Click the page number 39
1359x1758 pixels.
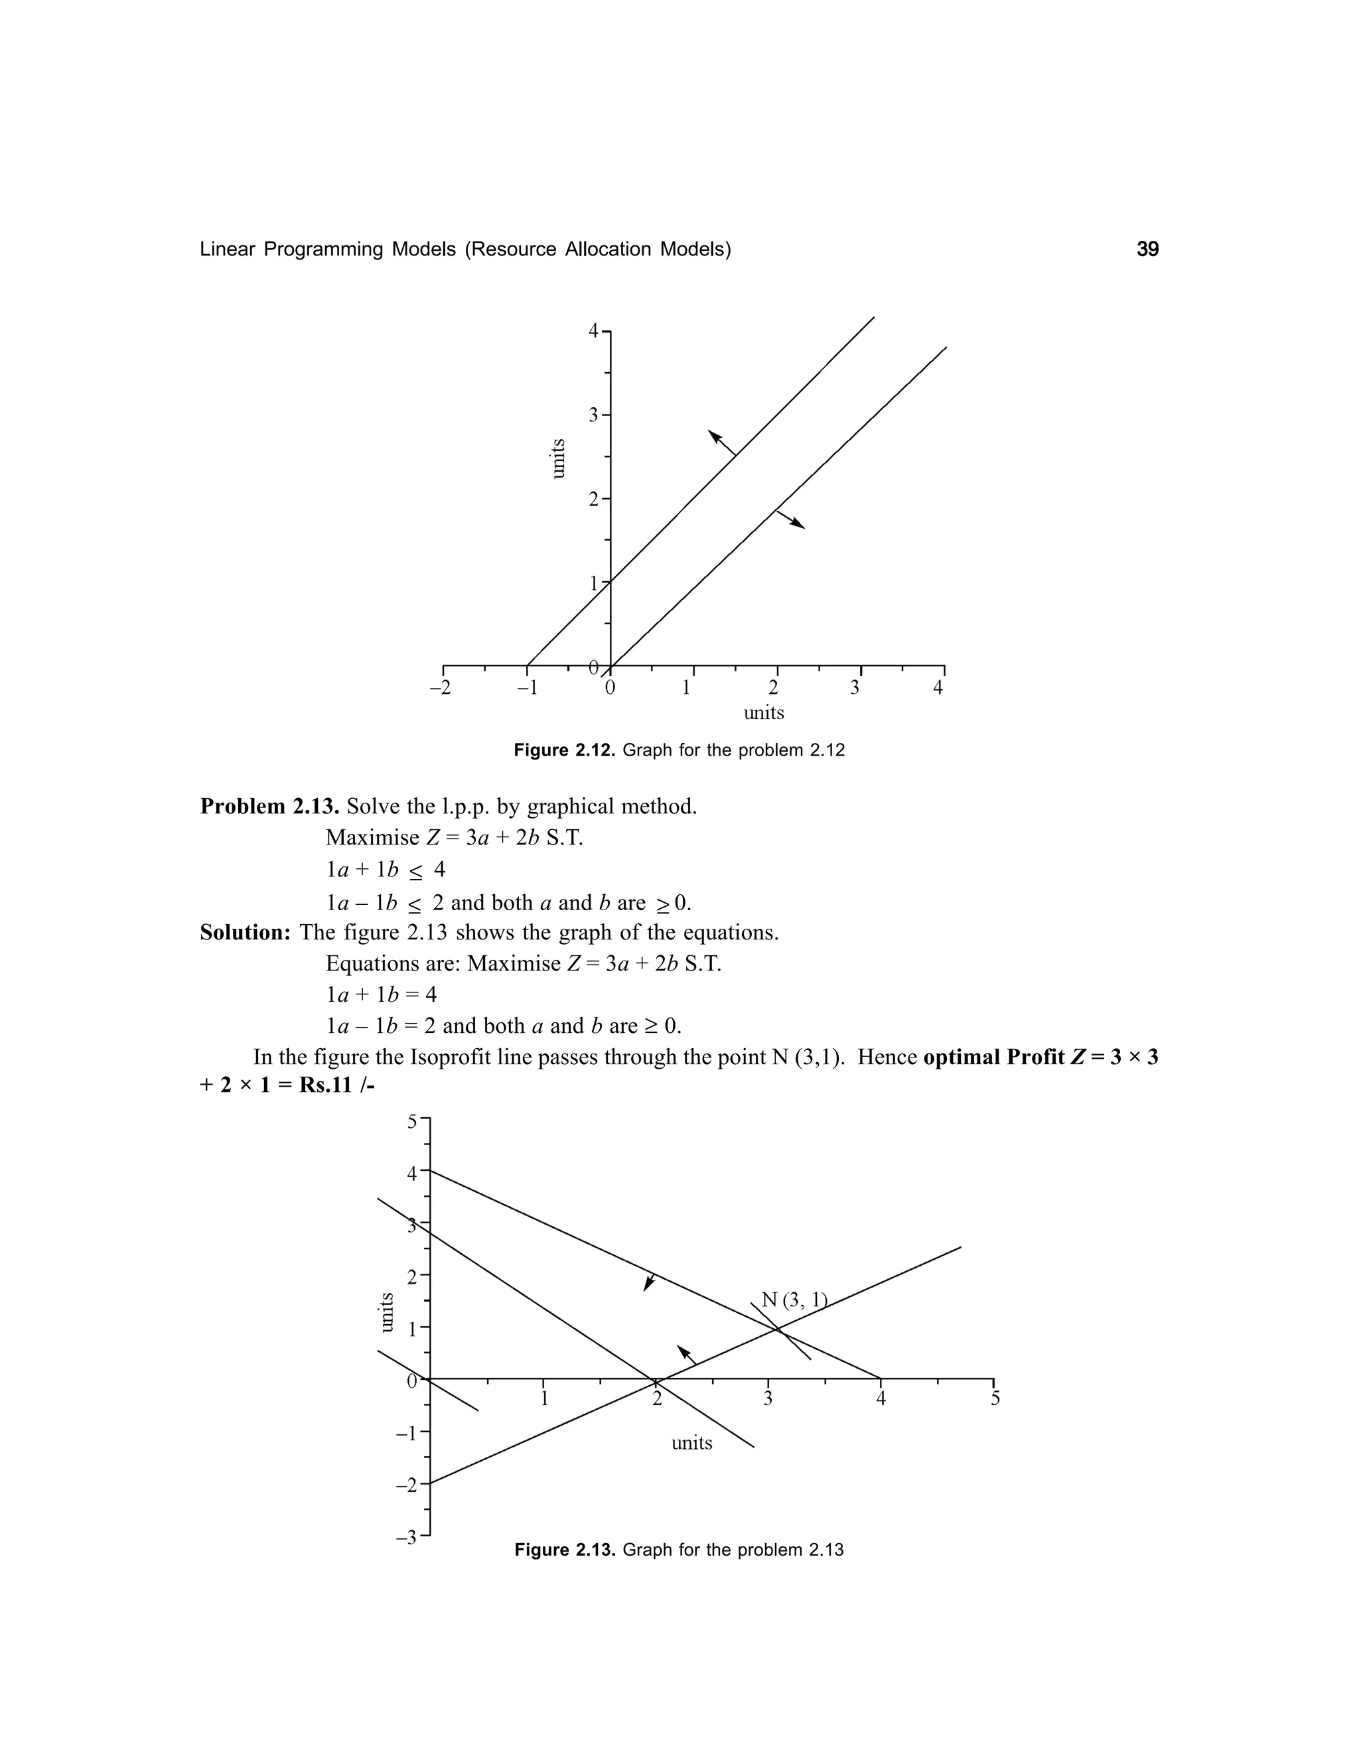(1147, 249)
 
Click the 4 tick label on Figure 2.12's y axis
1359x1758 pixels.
(593, 331)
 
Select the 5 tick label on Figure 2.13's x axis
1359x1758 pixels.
(995, 1398)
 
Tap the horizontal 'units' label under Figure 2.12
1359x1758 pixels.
(763, 712)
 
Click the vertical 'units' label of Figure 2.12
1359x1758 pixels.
(558, 458)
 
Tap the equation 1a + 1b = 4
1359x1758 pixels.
(382, 994)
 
